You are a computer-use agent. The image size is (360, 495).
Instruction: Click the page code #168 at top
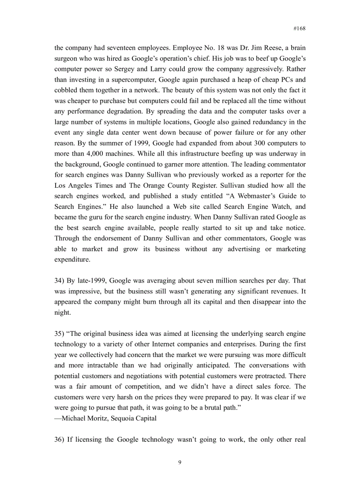(x=300, y=28)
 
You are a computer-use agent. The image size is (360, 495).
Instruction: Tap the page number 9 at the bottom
(x=180, y=462)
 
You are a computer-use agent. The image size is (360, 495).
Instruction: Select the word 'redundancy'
(x=259, y=122)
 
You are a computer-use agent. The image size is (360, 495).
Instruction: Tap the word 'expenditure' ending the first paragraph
(x=72, y=260)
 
